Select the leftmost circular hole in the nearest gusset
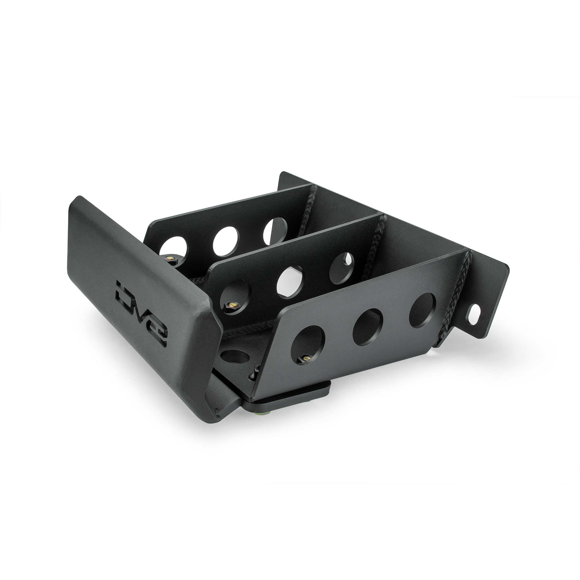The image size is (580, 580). [308, 345]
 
